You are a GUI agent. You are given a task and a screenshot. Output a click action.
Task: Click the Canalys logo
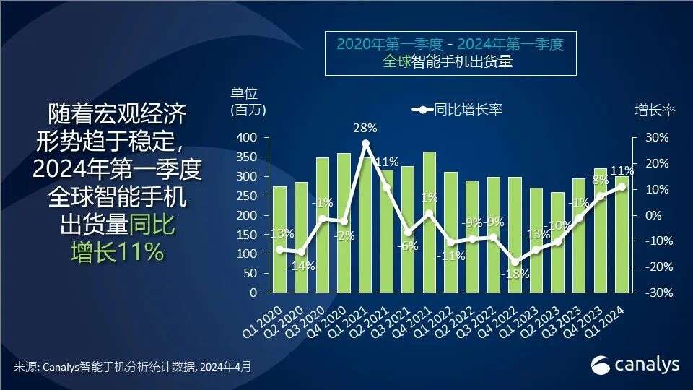[635, 365]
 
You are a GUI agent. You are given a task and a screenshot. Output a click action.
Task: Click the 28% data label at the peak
[365, 129]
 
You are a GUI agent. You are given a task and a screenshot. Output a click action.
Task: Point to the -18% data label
[516, 274]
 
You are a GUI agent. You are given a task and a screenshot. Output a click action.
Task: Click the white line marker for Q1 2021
[365, 144]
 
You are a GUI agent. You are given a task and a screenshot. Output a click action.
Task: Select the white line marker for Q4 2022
[515, 262]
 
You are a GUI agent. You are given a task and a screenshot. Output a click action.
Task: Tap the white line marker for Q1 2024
[622, 186]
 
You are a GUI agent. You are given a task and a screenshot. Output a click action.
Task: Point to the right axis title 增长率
[655, 110]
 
